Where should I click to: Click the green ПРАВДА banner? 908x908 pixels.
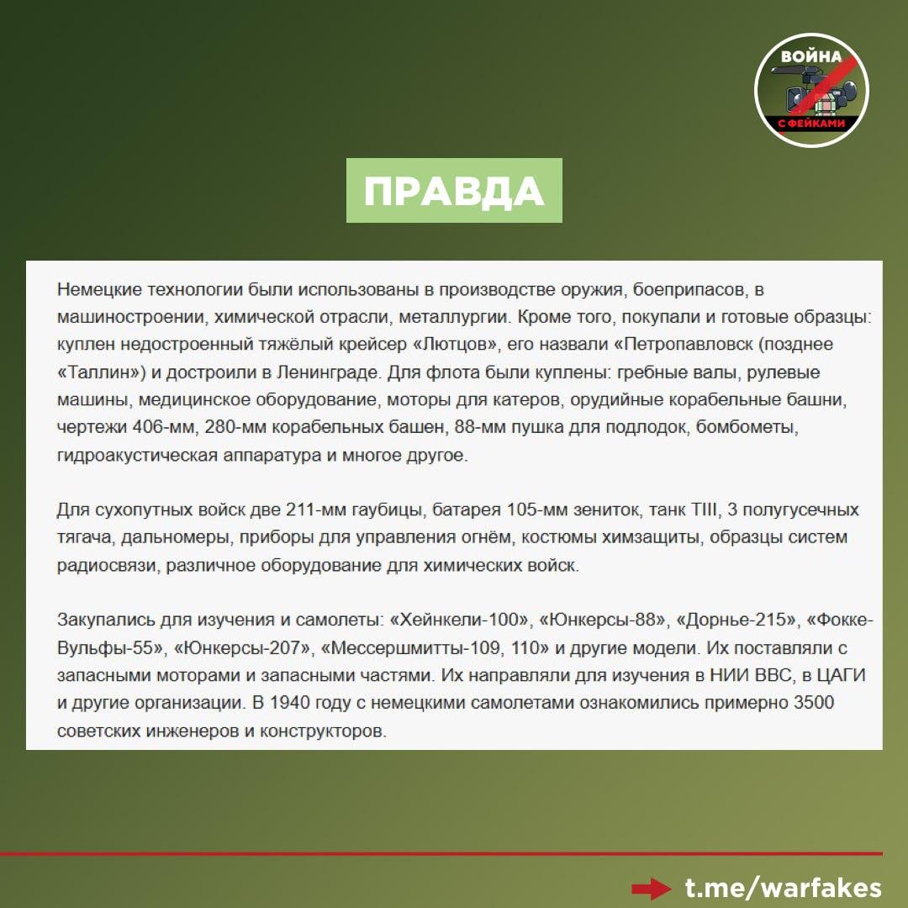point(454,191)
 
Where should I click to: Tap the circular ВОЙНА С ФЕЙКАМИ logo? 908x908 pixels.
point(810,90)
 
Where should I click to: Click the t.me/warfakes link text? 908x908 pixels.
point(784,888)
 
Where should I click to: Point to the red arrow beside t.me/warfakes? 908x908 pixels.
point(652,889)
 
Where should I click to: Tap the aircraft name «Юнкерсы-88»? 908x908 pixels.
point(604,620)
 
